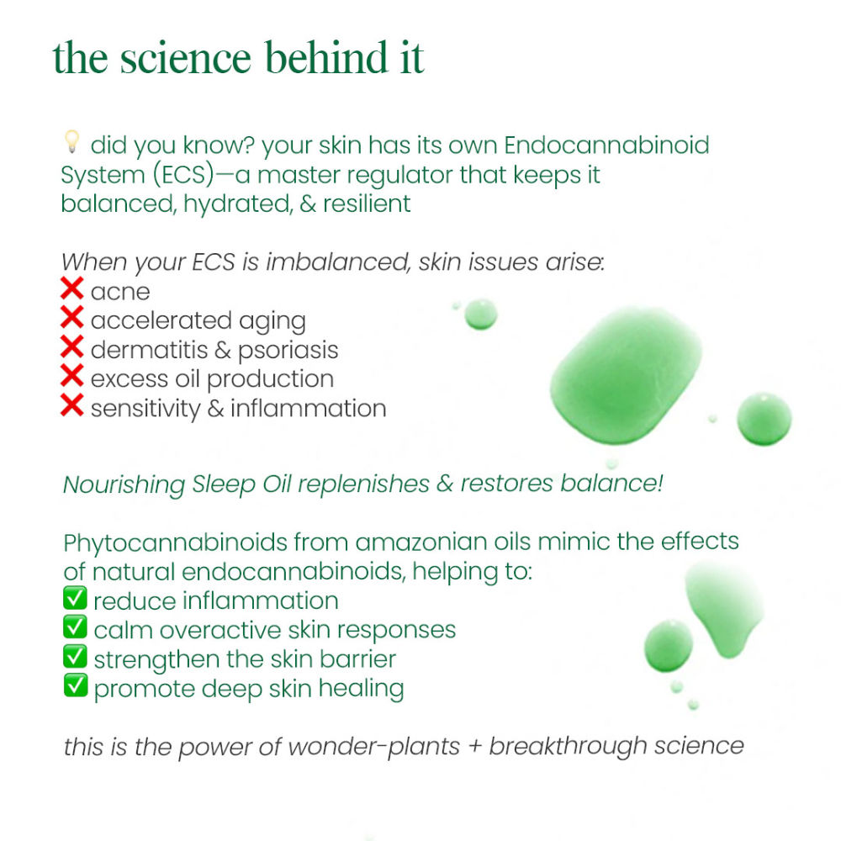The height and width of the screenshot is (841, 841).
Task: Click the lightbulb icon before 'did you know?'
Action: point(71,141)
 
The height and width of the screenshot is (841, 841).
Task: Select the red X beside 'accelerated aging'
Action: point(71,317)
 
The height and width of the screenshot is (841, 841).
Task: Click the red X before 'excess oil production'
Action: point(71,375)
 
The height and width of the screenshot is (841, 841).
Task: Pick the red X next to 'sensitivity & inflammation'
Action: point(71,405)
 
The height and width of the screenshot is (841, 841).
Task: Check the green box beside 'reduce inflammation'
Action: point(75,597)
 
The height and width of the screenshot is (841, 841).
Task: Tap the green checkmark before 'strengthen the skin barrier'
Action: point(75,656)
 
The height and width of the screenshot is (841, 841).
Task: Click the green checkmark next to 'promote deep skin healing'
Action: point(75,685)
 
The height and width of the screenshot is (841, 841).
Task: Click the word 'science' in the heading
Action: point(186,58)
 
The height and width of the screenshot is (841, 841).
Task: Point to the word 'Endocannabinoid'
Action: point(606,145)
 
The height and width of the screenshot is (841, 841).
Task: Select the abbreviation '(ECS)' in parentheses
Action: point(182,175)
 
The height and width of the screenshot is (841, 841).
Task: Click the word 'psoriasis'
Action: point(288,351)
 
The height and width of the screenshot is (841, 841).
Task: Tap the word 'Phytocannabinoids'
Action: point(176,542)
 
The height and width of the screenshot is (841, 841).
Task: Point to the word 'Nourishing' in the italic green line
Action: point(124,484)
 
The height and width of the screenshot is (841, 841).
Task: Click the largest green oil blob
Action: point(626,376)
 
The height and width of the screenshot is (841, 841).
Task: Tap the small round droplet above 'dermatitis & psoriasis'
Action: point(480,314)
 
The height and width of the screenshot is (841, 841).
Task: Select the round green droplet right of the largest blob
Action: point(764,419)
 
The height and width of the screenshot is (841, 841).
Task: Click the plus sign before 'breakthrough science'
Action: point(474,747)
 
